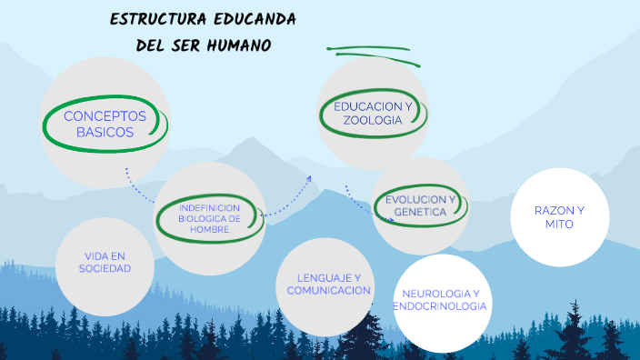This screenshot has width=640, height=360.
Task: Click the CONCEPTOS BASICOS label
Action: [x=105, y=124]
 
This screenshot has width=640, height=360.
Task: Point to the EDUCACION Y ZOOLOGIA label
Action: [x=373, y=114]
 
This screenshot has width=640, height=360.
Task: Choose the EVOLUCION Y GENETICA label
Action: [x=420, y=205]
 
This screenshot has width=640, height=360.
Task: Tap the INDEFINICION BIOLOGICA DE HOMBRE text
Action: [x=210, y=218]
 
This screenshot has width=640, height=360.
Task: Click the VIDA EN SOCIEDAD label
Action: [x=105, y=262]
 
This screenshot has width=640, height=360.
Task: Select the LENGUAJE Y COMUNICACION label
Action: [x=328, y=284]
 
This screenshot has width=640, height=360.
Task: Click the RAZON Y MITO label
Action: [x=559, y=216]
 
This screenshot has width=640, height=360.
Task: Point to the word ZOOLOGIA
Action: [x=373, y=121]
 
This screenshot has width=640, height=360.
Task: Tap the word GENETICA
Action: [x=420, y=212]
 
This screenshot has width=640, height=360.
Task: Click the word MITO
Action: [x=559, y=224]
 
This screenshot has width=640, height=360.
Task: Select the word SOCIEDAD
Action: [x=105, y=269]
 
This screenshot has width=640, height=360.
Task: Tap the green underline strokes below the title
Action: [x=373, y=55]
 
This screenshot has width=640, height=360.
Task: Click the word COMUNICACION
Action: [x=328, y=291]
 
